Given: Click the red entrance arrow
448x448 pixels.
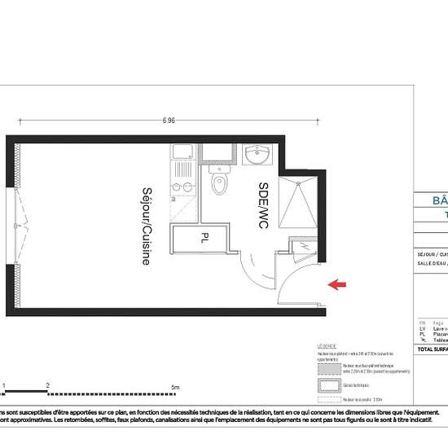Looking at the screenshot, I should pos(336,284).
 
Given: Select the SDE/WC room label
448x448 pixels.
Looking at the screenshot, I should pos(263,204).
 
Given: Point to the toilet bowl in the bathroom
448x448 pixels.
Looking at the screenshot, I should pos(218,185).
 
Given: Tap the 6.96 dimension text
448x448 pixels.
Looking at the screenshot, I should pos(169,121).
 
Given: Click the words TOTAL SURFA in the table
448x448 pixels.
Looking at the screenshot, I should pos(432,348).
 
